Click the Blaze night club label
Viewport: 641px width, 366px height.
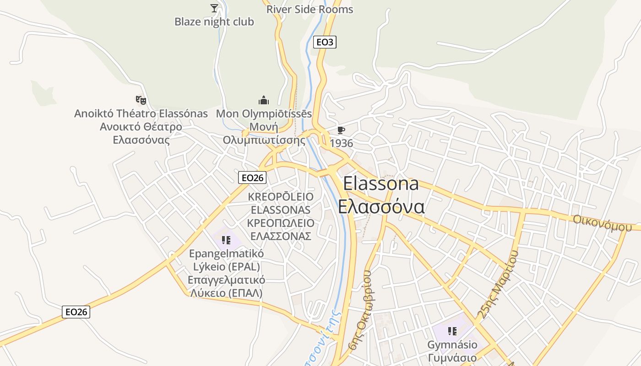[x=214, y=22]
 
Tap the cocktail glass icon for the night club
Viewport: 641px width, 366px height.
[x=214, y=8]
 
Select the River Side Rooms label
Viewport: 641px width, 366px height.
[x=310, y=9]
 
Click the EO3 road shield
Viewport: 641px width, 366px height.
[x=325, y=42]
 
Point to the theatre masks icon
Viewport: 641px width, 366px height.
[x=141, y=99]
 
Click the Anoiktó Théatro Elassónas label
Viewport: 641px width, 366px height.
[x=141, y=113]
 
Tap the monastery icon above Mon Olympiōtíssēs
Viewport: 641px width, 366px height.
[x=264, y=100]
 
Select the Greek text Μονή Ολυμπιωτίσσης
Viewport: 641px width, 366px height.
[x=264, y=133]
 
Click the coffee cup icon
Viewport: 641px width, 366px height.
[x=341, y=130]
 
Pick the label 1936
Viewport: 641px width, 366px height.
[x=342, y=143]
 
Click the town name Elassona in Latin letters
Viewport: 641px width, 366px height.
[x=380, y=183]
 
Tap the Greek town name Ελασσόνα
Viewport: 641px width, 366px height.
[x=381, y=206]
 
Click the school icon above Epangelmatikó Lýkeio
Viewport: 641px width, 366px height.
[x=226, y=240]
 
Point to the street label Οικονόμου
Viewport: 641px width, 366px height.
[x=598, y=223]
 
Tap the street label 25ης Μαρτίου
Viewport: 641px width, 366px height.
[x=498, y=285]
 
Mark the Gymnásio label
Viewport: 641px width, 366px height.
[x=452, y=344]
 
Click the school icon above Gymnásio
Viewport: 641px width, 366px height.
[x=452, y=331]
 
